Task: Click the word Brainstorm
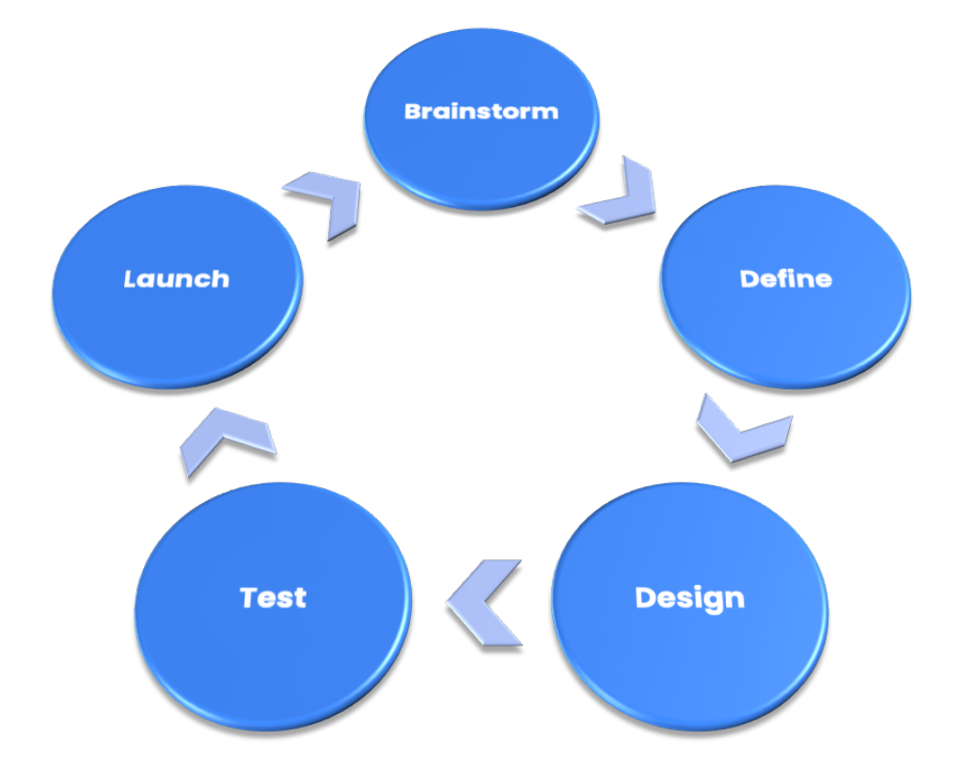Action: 481,111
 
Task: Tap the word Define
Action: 785,278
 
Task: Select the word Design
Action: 689,598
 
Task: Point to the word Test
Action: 273,597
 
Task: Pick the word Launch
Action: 177,278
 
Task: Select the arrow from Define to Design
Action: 741,430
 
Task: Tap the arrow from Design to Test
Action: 484,602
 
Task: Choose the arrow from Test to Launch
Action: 227,438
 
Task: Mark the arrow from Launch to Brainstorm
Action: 324,201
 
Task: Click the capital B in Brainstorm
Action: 412,111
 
